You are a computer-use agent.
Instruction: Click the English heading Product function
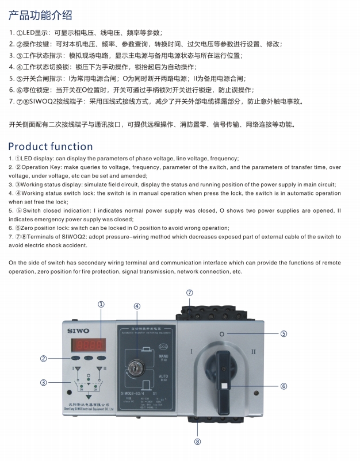tap(50, 146)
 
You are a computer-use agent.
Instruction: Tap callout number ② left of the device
tap(43, 359)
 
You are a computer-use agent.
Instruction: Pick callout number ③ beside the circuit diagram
tap(43, 382)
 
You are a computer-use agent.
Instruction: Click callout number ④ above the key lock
tap(137, 306)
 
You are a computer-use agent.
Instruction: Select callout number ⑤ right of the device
tap(284, 333)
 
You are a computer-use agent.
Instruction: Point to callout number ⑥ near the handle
tap(284, 386)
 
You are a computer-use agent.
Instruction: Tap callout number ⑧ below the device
tap(197, 442)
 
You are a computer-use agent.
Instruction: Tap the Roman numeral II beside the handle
tap(254, 350)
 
